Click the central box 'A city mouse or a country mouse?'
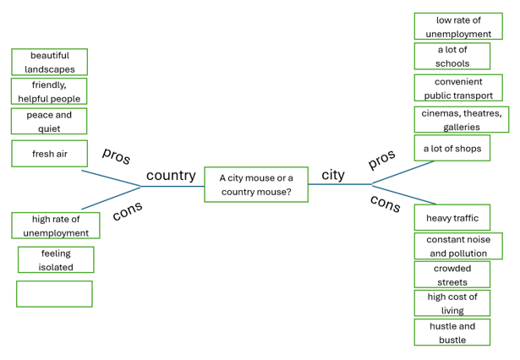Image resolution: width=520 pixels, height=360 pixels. pos(255,184)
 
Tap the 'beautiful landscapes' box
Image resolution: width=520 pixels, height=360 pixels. pos(49,62)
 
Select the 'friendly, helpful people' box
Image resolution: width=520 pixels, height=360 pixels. pos(49,91)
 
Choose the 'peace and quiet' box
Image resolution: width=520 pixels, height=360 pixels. pos(49,121)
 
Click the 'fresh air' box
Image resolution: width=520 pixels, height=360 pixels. pos(49,154)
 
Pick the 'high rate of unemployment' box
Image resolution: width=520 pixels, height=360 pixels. pos(56,226)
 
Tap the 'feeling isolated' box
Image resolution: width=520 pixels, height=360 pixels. pos(56,259)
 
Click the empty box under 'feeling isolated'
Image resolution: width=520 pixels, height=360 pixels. pos(54,293)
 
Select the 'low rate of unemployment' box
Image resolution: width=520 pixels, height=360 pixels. pos(458,26)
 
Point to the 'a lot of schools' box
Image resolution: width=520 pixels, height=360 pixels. pos(452,56)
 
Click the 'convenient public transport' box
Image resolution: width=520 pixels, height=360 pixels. pos(458,88)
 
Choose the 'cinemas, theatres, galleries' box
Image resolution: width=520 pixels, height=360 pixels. pos(462,119)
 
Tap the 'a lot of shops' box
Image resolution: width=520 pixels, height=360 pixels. pos(452,148)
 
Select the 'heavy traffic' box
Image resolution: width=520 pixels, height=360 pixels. pos(452,217)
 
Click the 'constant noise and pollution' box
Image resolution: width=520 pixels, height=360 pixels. pos(458,246)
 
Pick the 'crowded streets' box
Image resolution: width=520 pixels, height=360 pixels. pos(452,275)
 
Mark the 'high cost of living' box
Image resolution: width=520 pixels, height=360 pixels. pos(452,303)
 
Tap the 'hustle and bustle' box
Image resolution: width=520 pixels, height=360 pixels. pos(452,332)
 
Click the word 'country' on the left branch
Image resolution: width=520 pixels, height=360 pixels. pos(171,176)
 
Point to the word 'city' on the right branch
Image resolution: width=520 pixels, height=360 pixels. pos(333,175)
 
